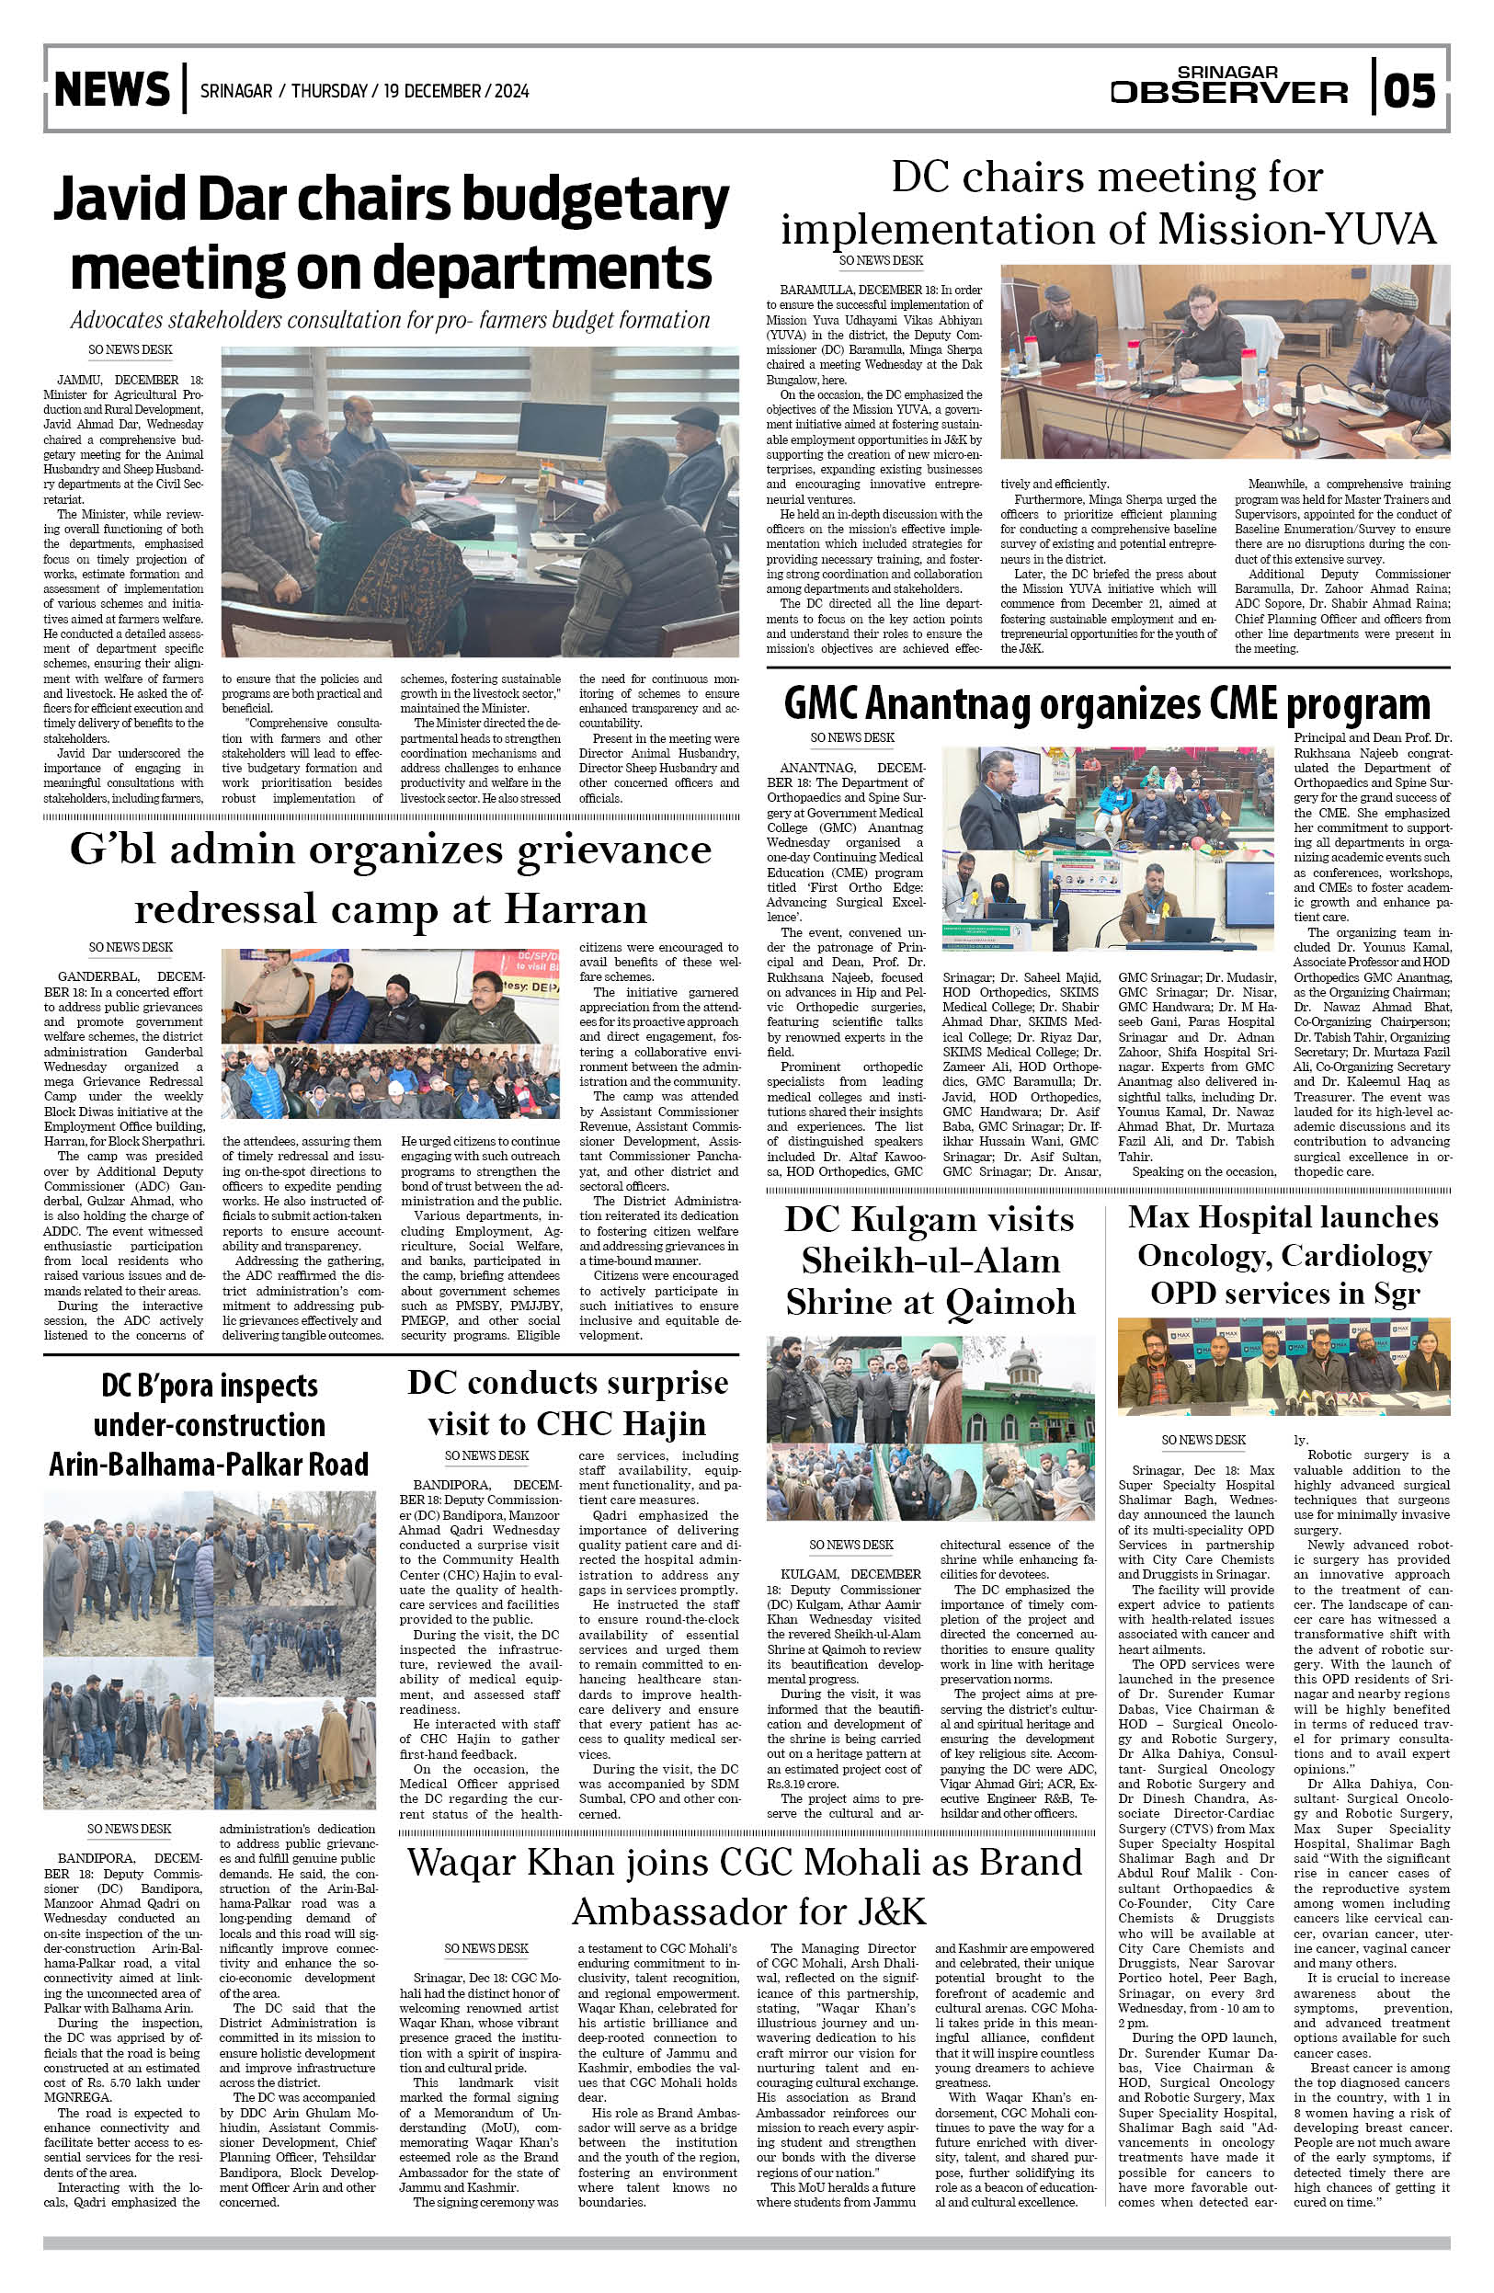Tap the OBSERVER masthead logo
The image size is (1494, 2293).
(x=1228, y=92)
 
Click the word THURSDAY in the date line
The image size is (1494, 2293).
(x=329, y=92)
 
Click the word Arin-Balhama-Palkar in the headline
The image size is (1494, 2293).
(x=209, y=1465)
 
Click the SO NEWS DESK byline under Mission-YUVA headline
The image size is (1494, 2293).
(x=881, y=260)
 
